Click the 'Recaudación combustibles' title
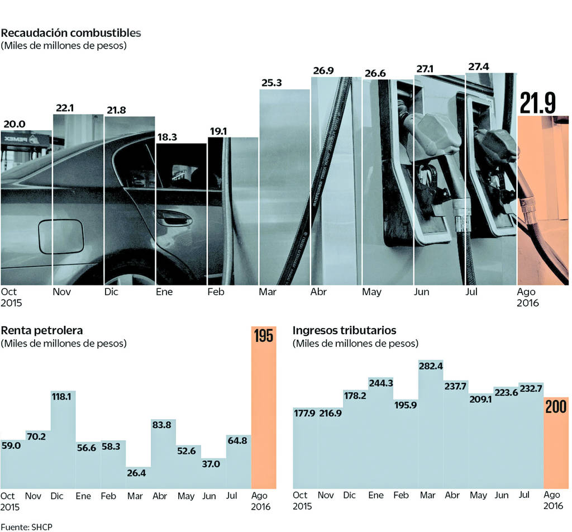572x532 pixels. point(71,32)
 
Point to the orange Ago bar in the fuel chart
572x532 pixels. point(542,201)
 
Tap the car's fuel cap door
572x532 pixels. point(61,236)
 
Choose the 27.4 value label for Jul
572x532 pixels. point(479,67)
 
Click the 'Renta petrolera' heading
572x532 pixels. point(42,330)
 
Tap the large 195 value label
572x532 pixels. point(263,336)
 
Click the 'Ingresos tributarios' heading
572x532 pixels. point(345,330)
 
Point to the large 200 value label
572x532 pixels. point(556,407)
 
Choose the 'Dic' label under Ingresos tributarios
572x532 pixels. point(350,495)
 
